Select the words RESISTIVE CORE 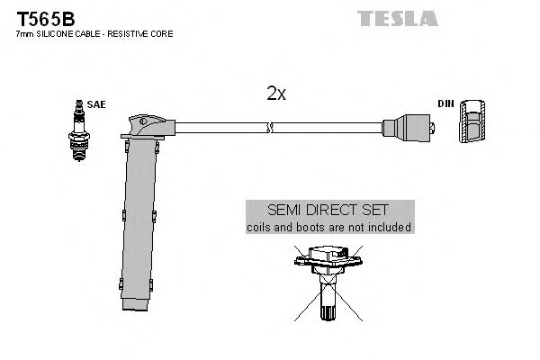tap(144, 33)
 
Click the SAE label tap(96, 104)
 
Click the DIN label tap(445, 104)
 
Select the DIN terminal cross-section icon tap(472, 121)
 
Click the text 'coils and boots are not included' tap(329, 228)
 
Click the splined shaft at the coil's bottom tap(328, 306)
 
